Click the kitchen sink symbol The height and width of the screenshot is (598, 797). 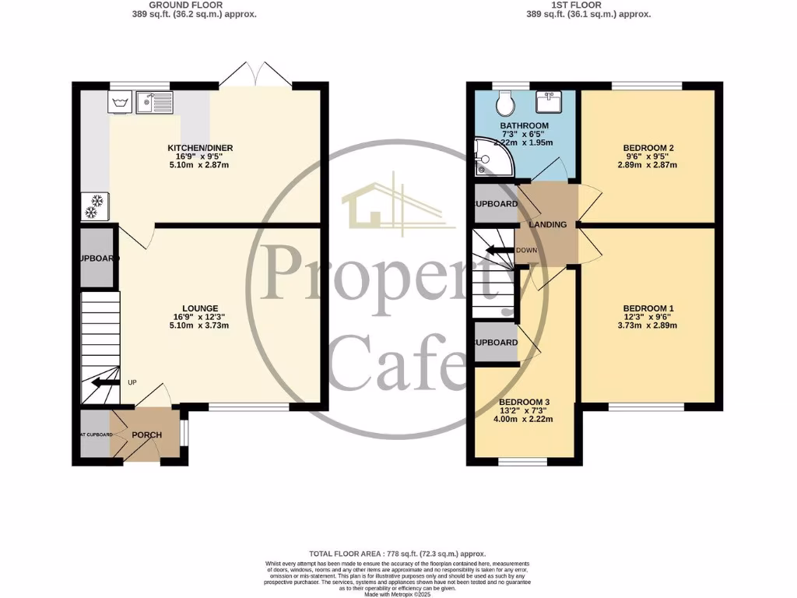(155, 102)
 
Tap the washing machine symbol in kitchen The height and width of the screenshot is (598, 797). (120, 102)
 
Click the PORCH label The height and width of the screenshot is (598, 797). (146, 434)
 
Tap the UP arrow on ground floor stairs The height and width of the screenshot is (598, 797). (101, 382)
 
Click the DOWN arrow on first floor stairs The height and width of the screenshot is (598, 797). (495, 251)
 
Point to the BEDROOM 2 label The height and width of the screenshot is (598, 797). (648, 148)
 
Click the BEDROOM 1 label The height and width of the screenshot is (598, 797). (648, 308)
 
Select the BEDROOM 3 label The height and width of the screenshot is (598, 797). (525, 402)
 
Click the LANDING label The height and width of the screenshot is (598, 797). (548, 225)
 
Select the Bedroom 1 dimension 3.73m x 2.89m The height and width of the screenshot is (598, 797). (648, 325)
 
